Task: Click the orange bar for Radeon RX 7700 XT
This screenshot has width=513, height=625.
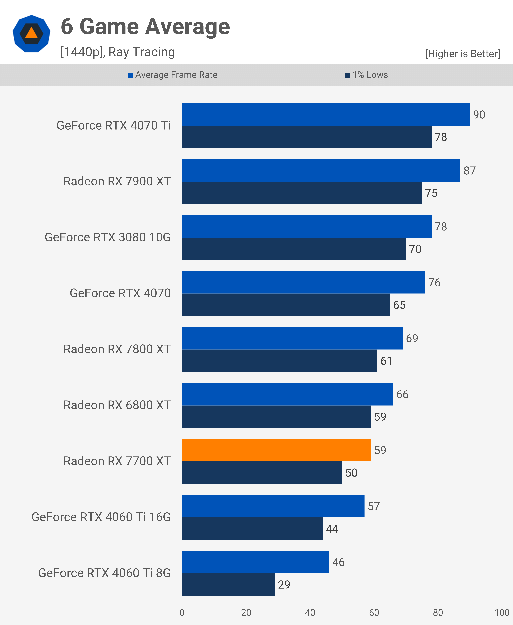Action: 276,450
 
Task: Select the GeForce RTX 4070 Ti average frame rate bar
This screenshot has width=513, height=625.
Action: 326,115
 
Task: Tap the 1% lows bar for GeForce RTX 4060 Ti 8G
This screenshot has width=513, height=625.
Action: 228,585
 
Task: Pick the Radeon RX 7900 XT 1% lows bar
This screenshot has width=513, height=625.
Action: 302,193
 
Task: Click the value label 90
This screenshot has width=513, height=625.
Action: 479,115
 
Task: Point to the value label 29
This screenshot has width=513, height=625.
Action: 284,585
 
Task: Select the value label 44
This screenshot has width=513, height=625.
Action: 332,529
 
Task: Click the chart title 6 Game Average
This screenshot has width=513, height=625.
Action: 145,27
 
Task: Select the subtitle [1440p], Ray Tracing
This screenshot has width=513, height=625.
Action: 118,52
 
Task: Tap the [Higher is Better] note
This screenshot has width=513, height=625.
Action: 463,54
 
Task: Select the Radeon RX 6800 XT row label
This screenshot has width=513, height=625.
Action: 117,405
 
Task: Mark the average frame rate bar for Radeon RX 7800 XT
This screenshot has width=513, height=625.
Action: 293,338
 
